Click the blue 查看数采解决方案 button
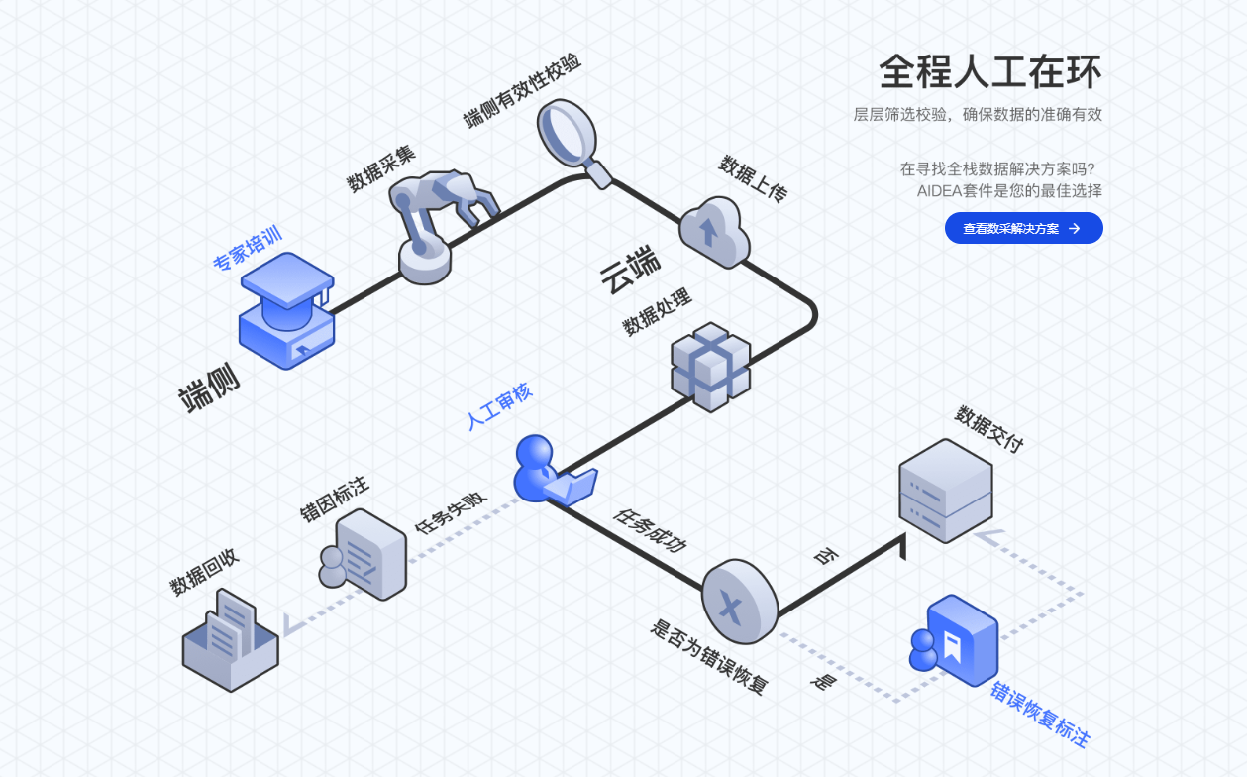(x=1023, y=228)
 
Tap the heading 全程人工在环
(x=989, y=72)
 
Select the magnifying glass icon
(x=572, y=142)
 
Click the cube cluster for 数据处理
(x=710, y=366)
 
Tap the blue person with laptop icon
(x=549, y=471)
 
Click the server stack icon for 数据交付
(x=945, y=490)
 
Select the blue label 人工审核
(x=500, y=406)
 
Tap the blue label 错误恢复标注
(x=1040, y=714)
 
